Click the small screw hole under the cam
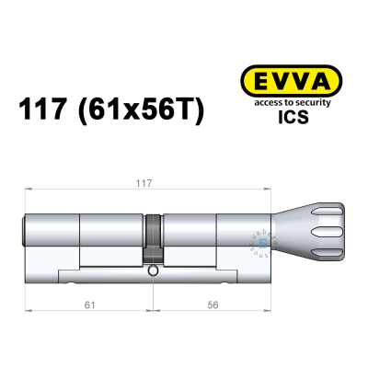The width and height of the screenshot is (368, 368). pyautogui.click(x=153, y=272)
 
